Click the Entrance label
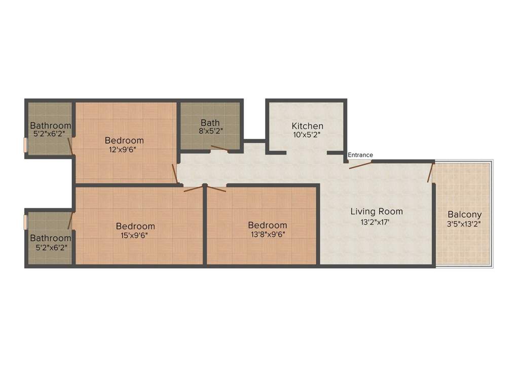pos(360,155)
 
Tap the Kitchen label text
pos(308,126)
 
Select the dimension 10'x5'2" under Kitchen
pos(307,135)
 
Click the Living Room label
pos(377,212)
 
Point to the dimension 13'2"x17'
pos(375,222)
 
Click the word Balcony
pos(464,215)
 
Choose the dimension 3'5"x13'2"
pos(464,224)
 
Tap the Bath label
pos(210,123)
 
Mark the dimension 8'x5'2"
pos(210,131)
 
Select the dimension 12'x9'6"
pos(123,150)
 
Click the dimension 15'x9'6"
pos(134,236)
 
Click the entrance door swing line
pos(360,165)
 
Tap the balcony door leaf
pos(430,173)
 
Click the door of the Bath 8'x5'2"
pos(219,148)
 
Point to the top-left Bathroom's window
pos(25,145)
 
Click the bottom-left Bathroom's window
pos(25,222)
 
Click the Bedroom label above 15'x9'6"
pos(135,226)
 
